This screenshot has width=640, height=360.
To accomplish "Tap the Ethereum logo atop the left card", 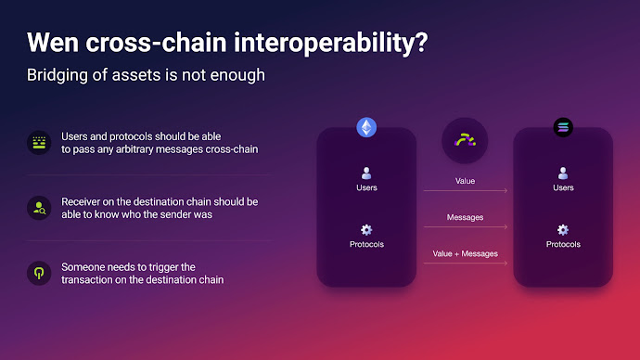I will (366, 128).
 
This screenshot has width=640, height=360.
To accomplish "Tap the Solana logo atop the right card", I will (563, 128).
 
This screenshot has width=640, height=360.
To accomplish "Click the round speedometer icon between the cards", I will (465, 141).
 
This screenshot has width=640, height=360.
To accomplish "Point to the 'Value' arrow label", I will (465, 180).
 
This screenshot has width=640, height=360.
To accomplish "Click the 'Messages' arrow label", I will (465, 217).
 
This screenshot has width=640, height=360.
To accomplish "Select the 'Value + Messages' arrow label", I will (465, 253).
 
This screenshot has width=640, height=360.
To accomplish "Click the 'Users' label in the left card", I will (366, 187).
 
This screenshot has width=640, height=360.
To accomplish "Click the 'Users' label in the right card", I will (563, 187).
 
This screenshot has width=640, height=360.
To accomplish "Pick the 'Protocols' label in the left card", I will (366, 244).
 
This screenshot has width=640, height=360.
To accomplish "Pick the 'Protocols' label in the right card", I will (563, 244).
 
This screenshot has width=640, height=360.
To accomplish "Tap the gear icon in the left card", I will (366, 229).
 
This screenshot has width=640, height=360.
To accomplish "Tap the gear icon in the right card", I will (563, 229).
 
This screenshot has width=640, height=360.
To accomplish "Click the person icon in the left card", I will (366, 173).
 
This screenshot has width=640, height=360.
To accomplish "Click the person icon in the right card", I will (563, 173).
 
